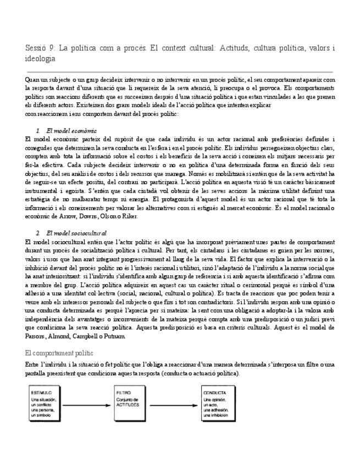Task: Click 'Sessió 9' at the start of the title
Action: coord(40,48)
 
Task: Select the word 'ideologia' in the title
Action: coord(41,59)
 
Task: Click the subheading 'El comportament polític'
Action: coord(59,352)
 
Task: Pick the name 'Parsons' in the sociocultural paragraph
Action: coord(37,336)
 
